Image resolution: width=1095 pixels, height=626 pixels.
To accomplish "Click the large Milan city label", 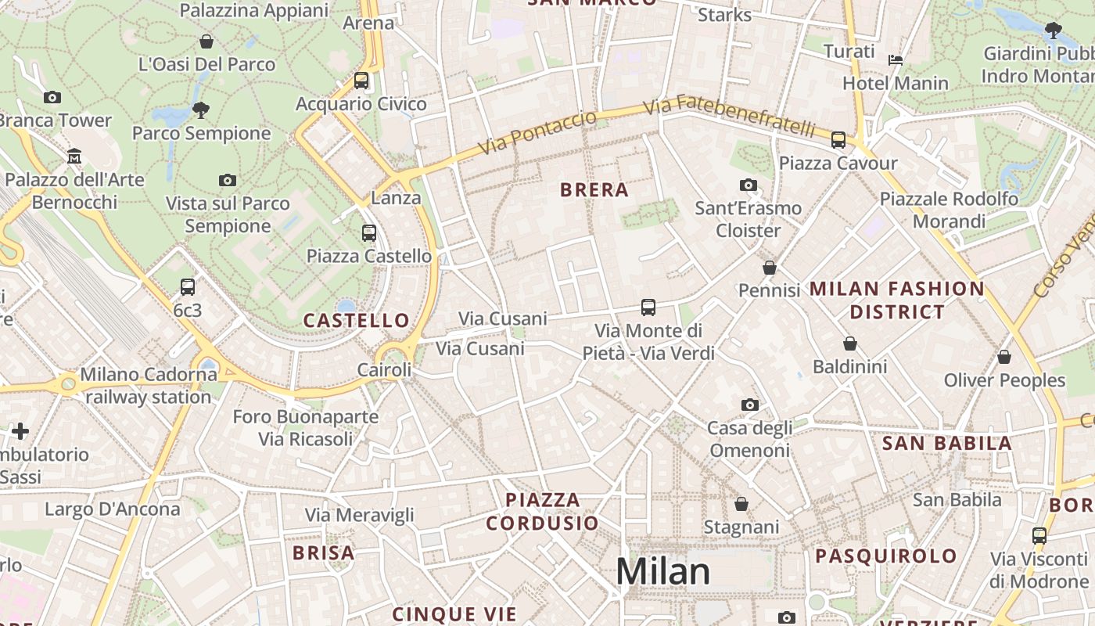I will coord(663,572).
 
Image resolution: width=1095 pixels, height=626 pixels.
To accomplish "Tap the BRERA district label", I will coord(594,189).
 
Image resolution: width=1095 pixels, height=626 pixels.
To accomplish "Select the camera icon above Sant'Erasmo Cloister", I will coord(749,185).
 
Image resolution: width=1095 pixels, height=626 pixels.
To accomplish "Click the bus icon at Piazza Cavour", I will coord(838,140).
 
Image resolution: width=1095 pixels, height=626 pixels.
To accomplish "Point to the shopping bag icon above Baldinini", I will coord(850,344).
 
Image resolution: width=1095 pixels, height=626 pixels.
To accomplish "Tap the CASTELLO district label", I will coord(356,320).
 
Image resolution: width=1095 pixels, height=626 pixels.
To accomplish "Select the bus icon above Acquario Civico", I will coord(361,80).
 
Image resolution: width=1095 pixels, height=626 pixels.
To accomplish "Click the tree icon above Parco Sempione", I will coord(201,110).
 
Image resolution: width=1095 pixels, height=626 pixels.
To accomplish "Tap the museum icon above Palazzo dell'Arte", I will coord(74,156).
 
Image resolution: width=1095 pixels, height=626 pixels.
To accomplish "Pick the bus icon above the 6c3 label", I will coord(187,286).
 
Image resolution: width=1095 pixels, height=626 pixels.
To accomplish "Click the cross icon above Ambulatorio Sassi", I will coord(20,430).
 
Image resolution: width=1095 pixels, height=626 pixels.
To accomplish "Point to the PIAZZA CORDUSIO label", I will coord(543,511).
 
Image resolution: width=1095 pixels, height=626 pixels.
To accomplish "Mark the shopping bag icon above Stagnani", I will coord(741,504).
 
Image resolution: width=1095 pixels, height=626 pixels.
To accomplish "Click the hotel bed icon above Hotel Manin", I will coord(896,59).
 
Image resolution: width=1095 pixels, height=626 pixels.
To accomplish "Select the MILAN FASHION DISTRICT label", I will coord(896,300).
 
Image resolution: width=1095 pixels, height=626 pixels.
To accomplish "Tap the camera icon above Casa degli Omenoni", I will coord(749,405).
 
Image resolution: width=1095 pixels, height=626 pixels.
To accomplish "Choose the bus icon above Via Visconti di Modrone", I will coord(1039,536).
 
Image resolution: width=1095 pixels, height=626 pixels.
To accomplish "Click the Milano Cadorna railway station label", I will coord(149,386).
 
